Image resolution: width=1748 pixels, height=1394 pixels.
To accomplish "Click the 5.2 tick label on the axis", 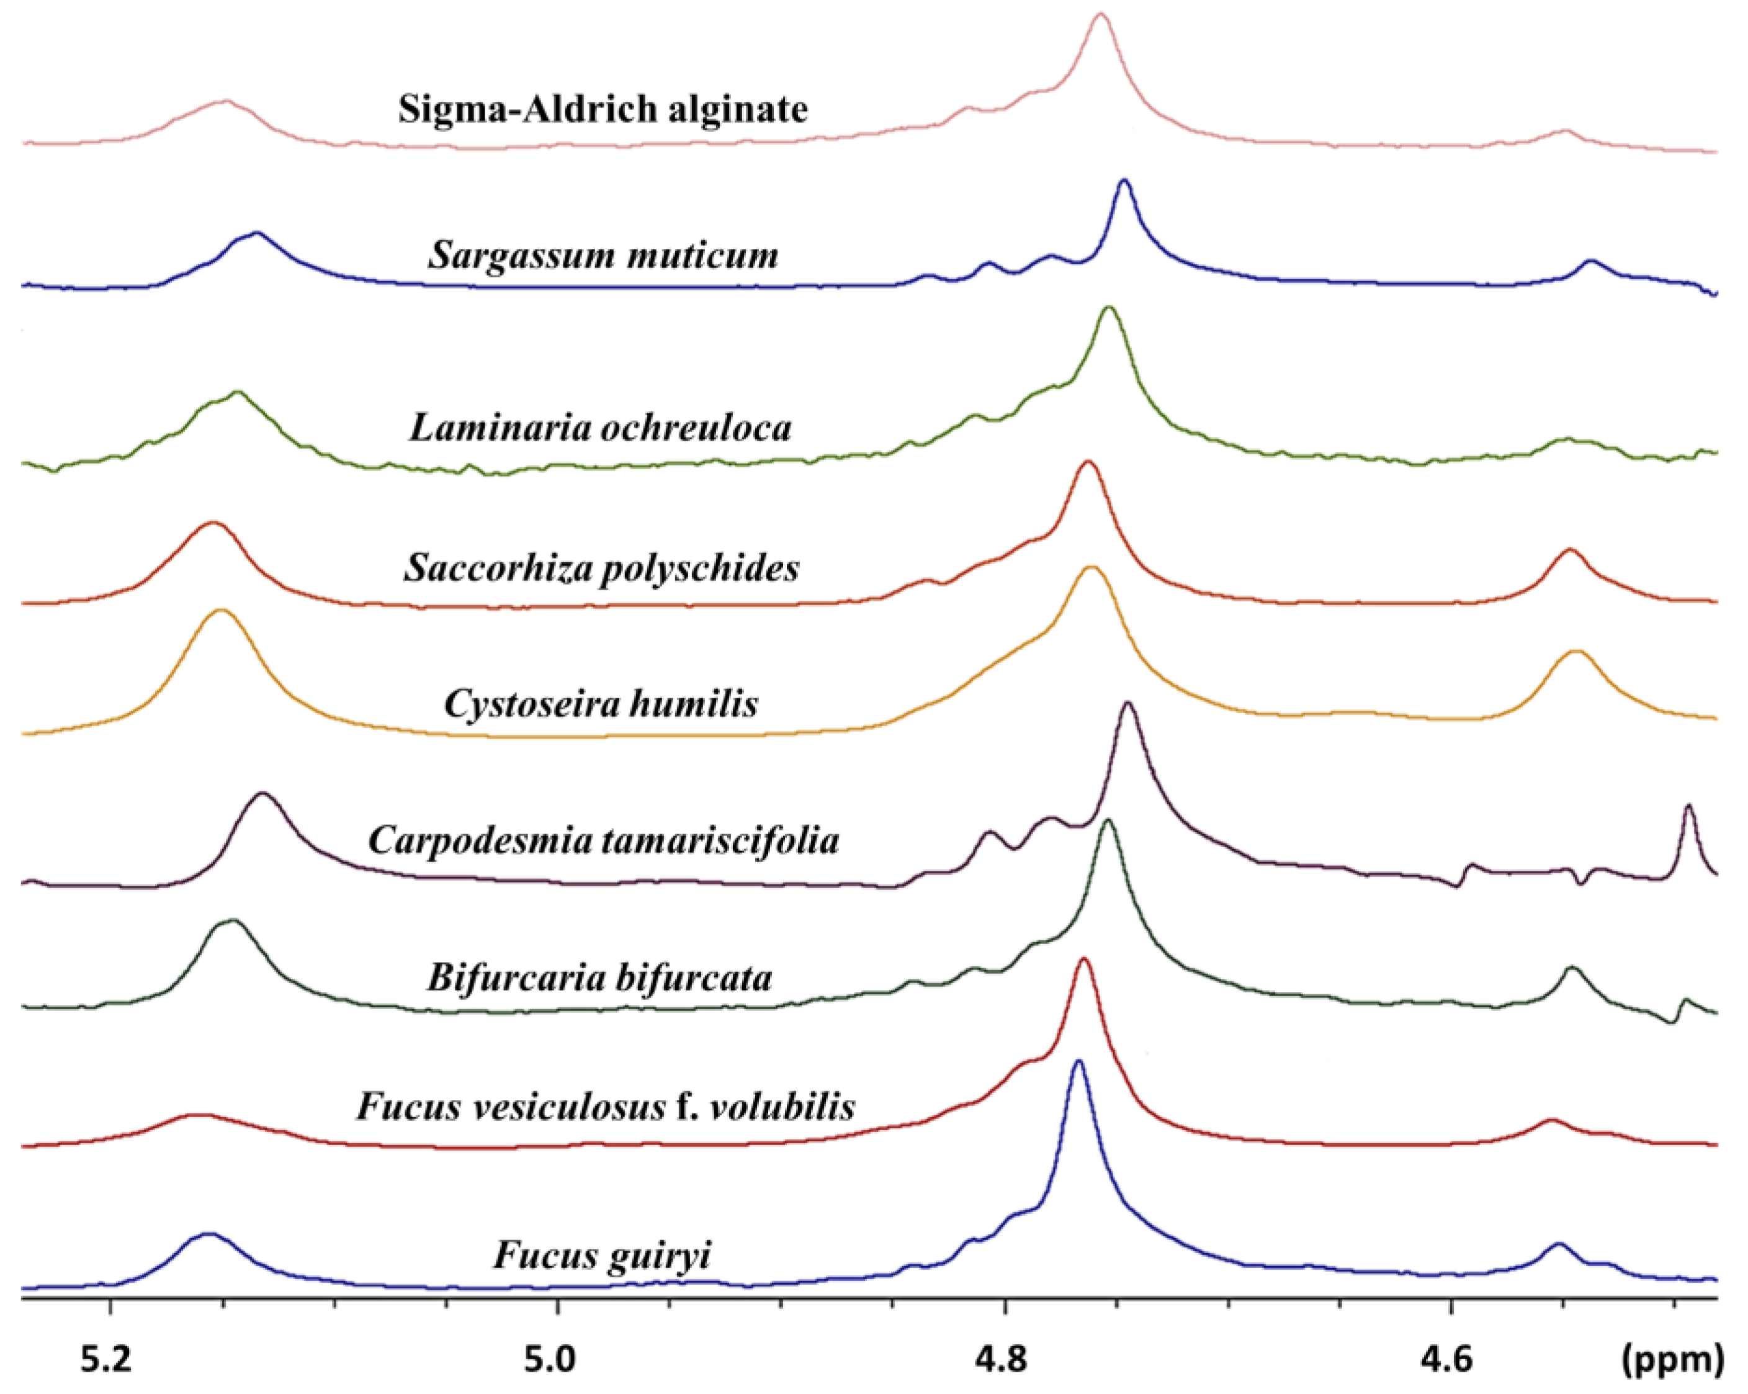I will click(106, 1360).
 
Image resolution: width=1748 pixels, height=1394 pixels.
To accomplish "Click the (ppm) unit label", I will click(1672, 1360).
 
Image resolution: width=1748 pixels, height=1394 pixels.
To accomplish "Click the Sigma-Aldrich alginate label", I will click(603, 109).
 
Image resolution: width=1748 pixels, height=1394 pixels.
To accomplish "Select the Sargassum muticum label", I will click(603, 256).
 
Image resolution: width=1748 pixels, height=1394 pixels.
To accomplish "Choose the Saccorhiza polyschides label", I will click(601, 568).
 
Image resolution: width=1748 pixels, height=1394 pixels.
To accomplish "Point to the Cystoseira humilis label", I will click(601, 703).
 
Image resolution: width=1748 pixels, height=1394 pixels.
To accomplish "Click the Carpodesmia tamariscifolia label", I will click(603, 840).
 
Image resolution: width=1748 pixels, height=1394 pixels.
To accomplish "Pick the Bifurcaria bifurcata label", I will click(599, 977).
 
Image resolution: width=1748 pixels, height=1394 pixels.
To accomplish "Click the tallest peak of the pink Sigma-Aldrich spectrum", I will click(1100, 15).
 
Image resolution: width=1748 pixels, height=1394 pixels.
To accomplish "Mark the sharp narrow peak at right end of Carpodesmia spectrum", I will click(1689, 806).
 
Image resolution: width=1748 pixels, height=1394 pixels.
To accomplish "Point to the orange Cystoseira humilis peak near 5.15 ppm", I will click(220, 611).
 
